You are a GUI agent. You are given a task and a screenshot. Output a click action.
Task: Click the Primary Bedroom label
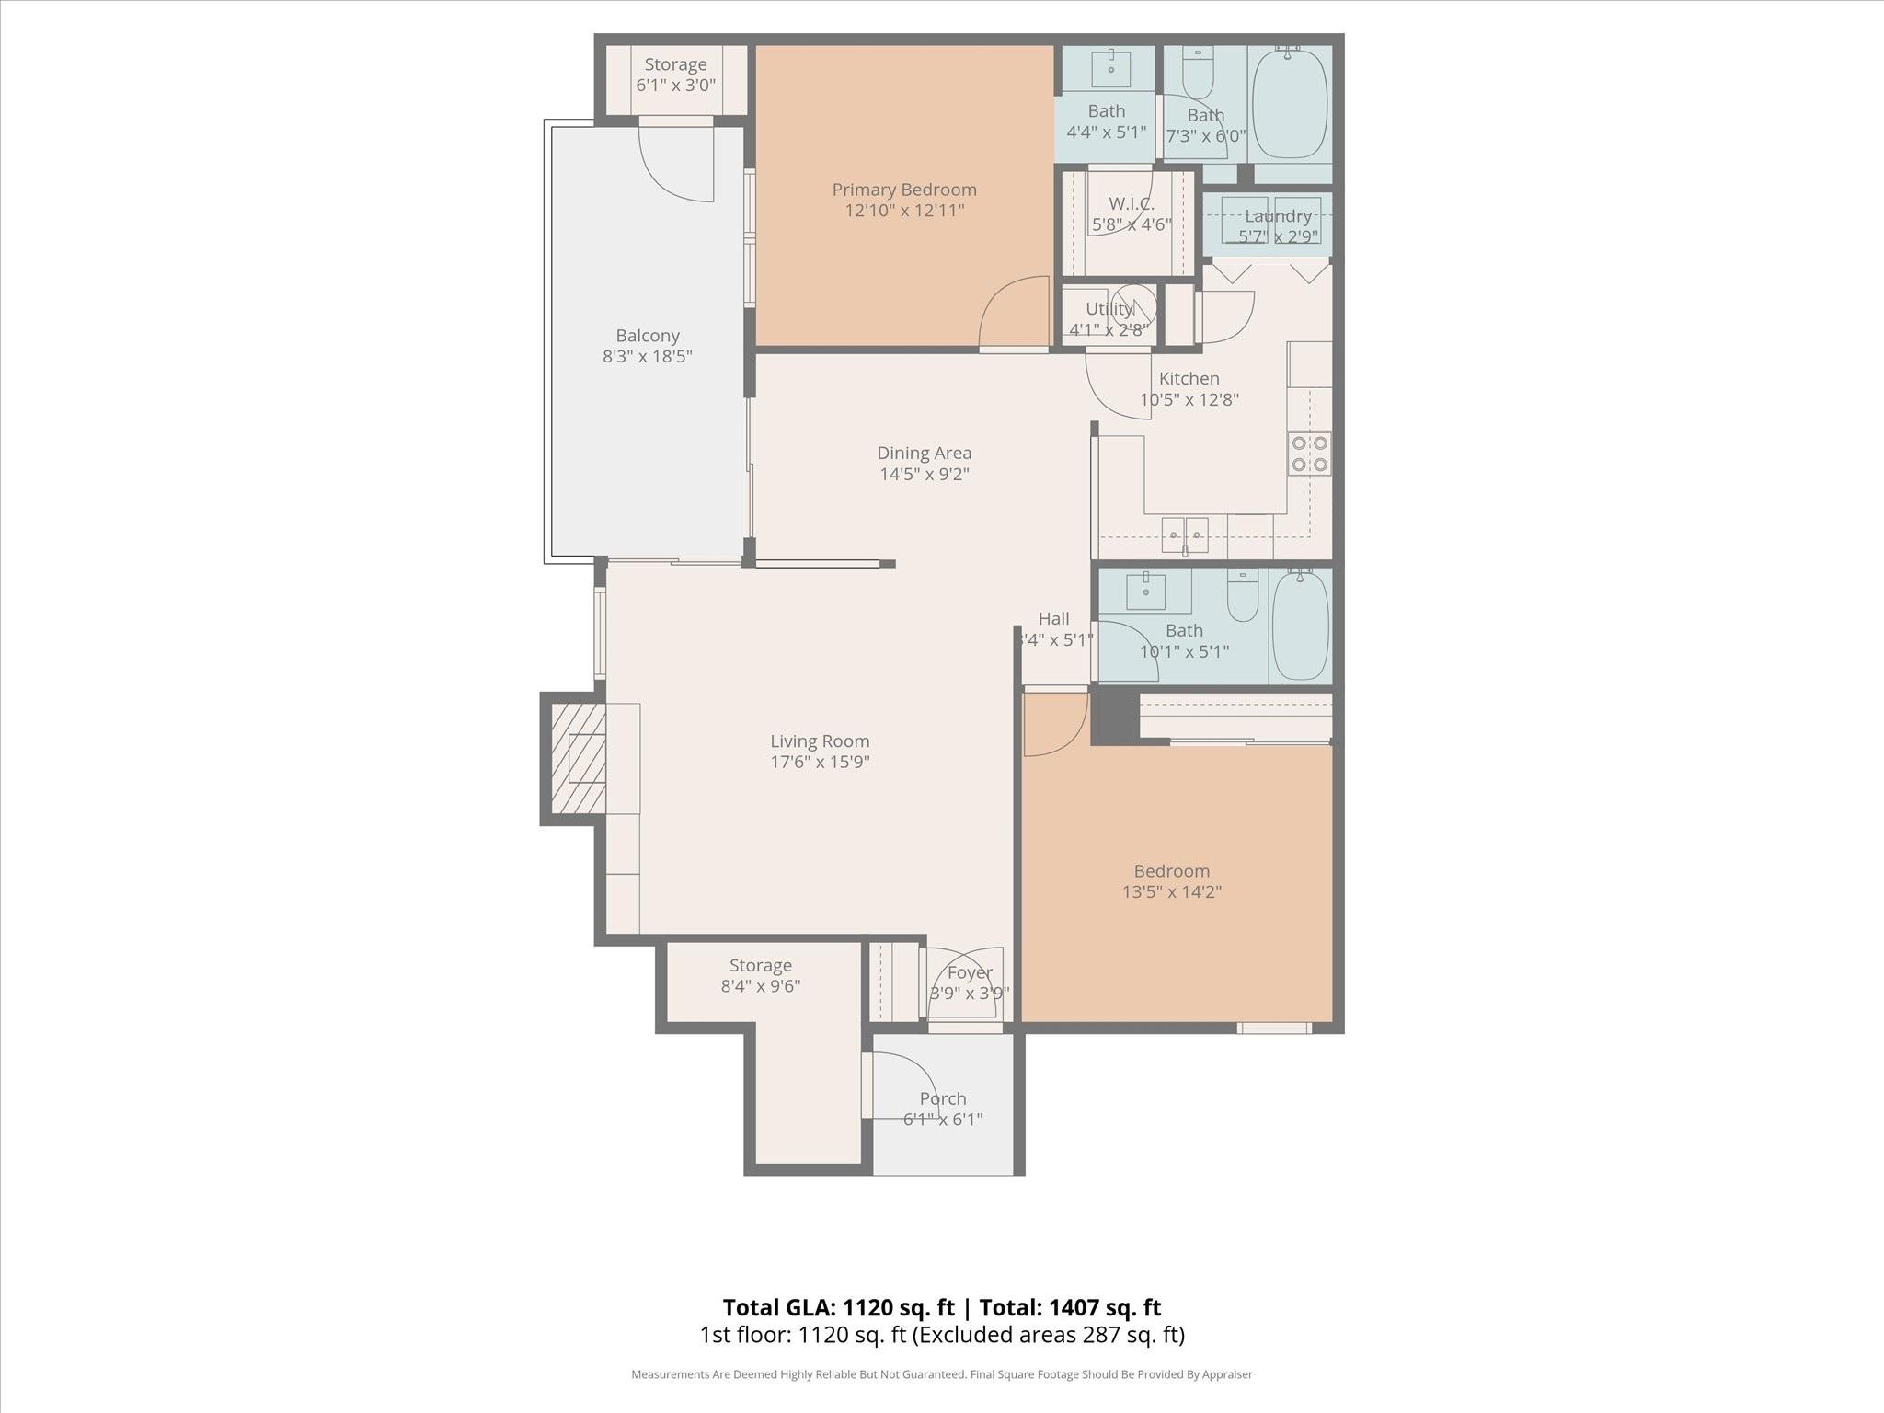[904, 190]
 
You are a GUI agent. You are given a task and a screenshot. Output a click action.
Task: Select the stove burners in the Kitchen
[1309, 454]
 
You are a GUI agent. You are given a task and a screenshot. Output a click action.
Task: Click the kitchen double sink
[1185, 533]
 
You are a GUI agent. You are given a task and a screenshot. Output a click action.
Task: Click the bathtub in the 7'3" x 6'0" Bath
[1291, 104]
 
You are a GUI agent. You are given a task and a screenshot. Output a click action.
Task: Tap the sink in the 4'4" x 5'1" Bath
[1110, 68]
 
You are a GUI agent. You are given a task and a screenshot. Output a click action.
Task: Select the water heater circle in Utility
[1132, 307]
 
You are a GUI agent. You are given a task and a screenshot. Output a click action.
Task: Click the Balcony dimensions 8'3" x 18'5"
[648, 357]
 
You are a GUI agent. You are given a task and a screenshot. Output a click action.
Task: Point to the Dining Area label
[924, 453]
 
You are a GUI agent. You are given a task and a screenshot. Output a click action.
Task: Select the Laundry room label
[1278, 216]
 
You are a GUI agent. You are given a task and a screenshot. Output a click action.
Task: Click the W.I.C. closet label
[1131, 203]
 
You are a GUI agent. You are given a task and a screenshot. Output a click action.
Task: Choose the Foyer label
[970, 972]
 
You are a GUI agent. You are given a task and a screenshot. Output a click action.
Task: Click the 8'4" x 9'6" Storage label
[760, 966]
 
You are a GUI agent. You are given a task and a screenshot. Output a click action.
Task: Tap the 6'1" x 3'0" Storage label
[675, 64]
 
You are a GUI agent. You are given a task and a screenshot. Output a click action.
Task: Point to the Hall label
[1053, 619]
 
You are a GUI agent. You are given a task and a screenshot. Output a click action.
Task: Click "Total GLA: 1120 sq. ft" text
[838, 1307]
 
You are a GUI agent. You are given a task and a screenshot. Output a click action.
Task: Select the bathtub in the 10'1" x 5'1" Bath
[1300, 625]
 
